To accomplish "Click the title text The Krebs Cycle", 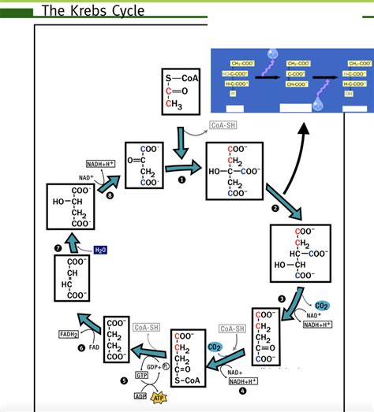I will [x=92, y=10].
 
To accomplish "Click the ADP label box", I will [x=140, y=396].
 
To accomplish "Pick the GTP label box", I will [x=141, y=376].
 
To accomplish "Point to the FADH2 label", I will [x=68, y=334].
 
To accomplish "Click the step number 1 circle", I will [x=181, y=180].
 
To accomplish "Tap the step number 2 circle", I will [x=275, y=208].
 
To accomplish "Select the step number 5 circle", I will [x=123, y=380].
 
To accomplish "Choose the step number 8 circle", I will [x=110, y=195].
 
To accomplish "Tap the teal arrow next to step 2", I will [x=285, y=201].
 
